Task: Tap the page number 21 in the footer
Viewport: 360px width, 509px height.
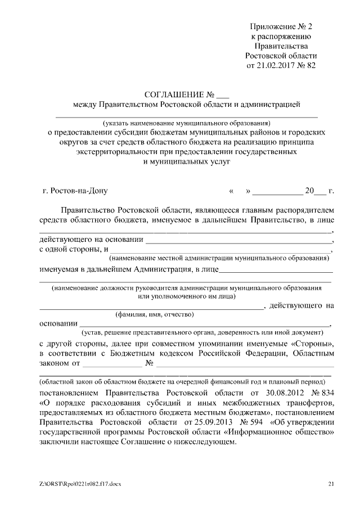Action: click(331, 484)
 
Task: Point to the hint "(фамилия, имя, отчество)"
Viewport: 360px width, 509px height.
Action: click(155, 314)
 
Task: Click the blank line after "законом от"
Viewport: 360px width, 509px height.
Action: click(100, 366)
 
